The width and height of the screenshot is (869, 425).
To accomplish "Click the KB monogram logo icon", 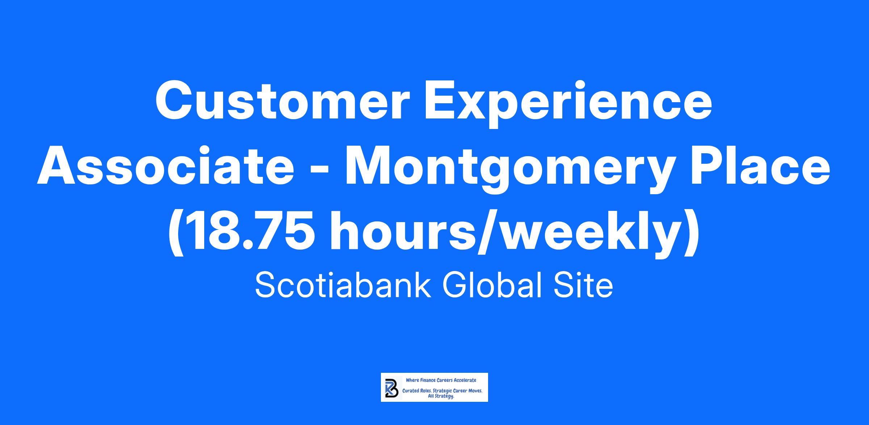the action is pyautogui.click(x=392, y=387).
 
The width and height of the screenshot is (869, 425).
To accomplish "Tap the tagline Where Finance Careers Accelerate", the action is pyautogui.click(x=441, y=380).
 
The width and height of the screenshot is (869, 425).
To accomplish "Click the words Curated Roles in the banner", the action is pyautogui.click(x=416, y=391).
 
